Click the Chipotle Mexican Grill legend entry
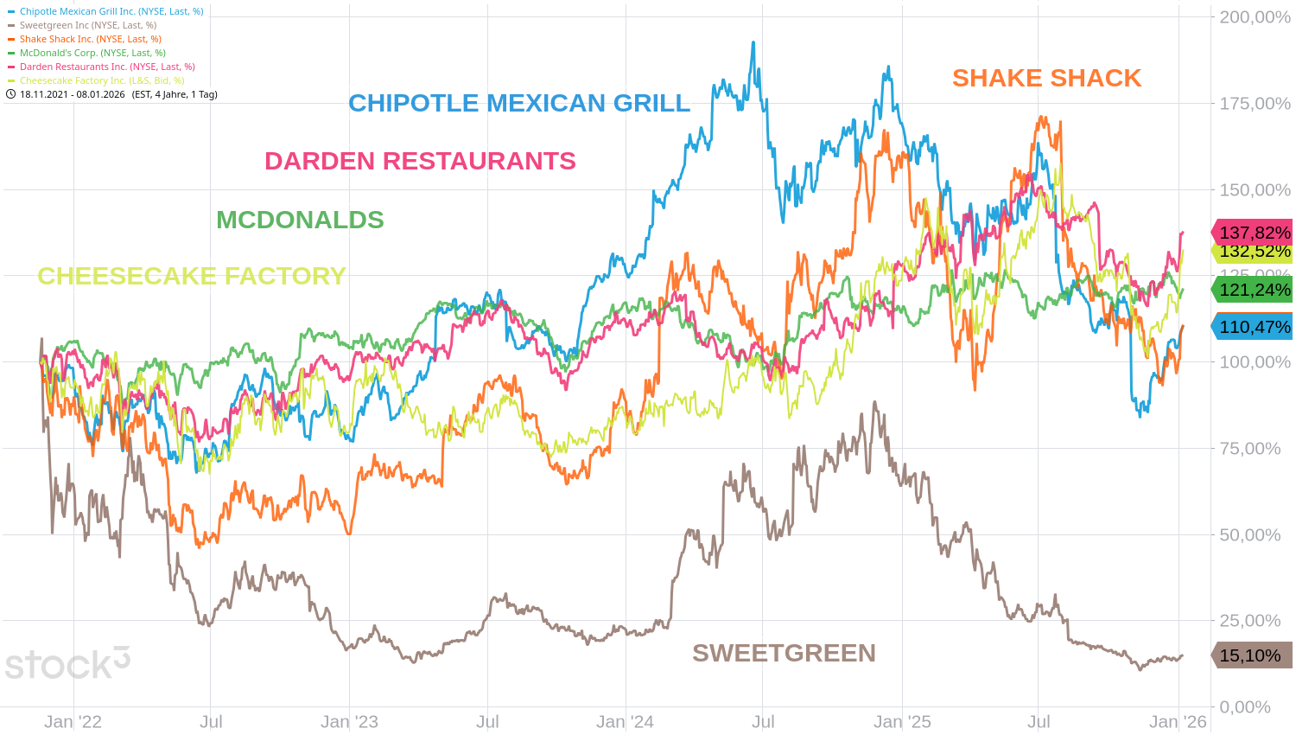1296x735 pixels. tap(111, 11)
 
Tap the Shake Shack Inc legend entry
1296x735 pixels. tap(91, 39)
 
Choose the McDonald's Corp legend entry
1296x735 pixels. tap(92, 53)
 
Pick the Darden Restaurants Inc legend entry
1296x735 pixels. tap(107, 67)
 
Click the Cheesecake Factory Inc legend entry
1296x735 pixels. tap(102, 80)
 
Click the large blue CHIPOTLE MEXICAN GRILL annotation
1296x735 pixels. tap(519, 103)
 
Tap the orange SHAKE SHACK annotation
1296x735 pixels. tap(1046, 78)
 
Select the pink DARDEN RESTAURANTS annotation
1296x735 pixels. tap(420, 161)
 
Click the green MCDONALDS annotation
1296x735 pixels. tap(300, 220)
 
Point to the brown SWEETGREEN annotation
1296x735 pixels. tap(784, 653)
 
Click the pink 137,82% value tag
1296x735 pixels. tap(1254, 232)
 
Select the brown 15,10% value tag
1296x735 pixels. tap(1249, 655)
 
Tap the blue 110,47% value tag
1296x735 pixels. tap(1254, 327)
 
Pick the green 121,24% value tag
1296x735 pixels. tap(1254, 290)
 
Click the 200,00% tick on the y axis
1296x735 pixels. tap(1255, 17)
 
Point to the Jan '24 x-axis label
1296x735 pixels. tap(625, 721)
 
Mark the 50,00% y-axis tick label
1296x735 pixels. tap(1249, 534)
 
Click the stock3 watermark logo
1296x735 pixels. tap(67, 664)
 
